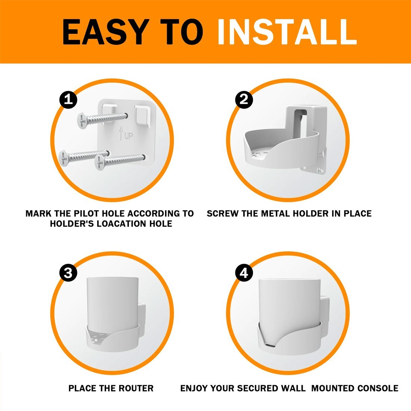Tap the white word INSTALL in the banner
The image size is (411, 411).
(x=287, y=32)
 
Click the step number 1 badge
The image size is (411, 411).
(x=68, y=100)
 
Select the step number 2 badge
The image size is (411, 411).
(x=244, y=100)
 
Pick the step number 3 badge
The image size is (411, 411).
(x=68, y=273)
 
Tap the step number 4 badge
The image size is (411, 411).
(x=244, y=273)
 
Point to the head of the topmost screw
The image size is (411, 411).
(x=82, y=121)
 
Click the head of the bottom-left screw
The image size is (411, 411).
(x=64, y=158)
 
